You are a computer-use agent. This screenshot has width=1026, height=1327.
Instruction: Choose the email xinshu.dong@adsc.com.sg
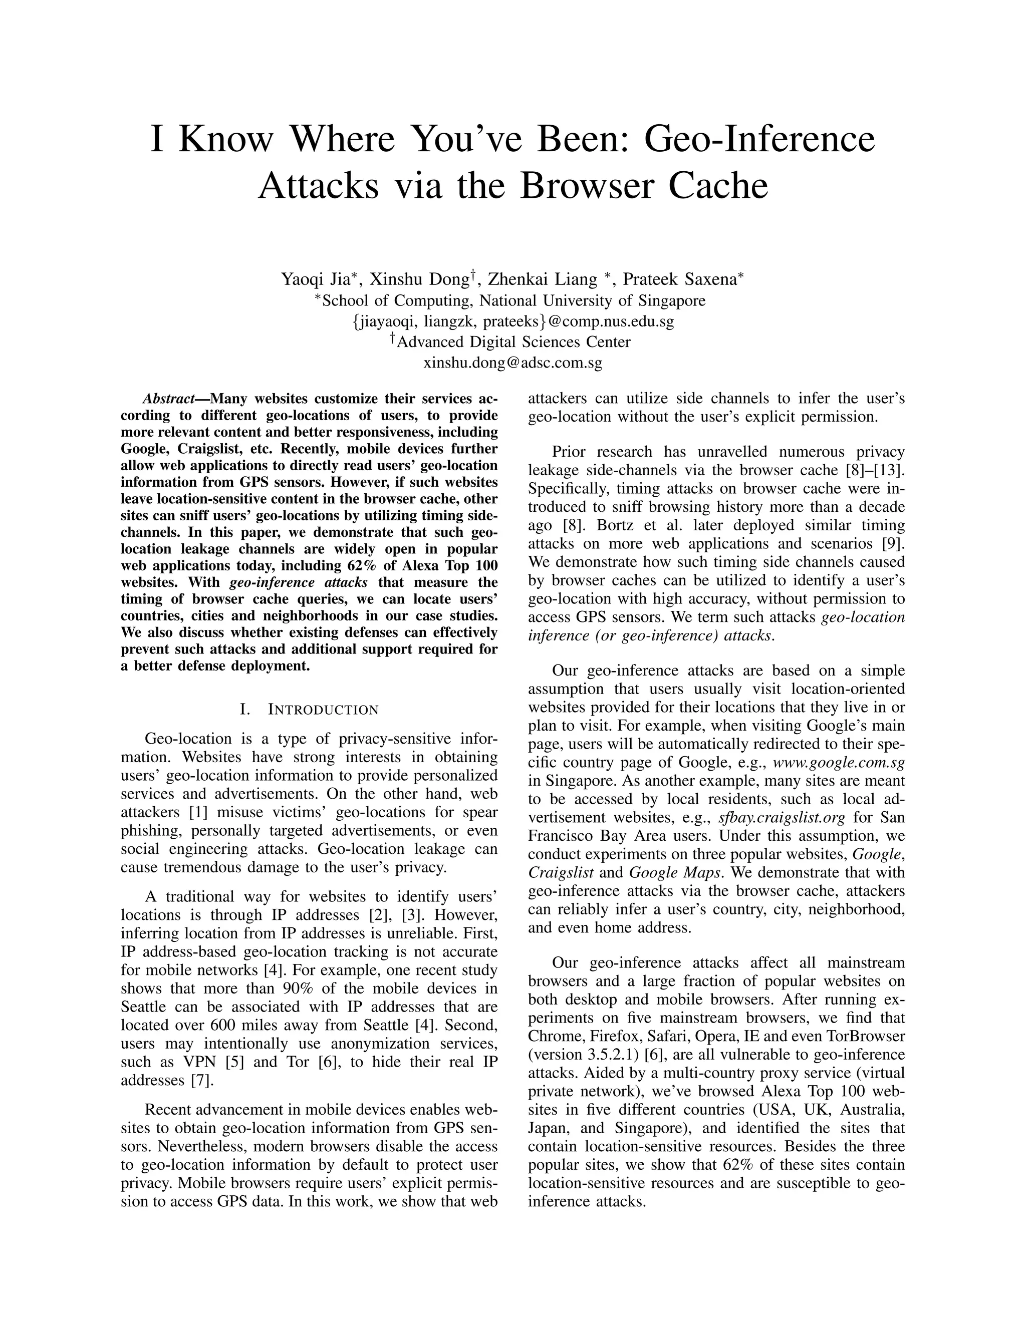coord(512,364)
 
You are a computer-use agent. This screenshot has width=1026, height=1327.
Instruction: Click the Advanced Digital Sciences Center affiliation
coord(513,342)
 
